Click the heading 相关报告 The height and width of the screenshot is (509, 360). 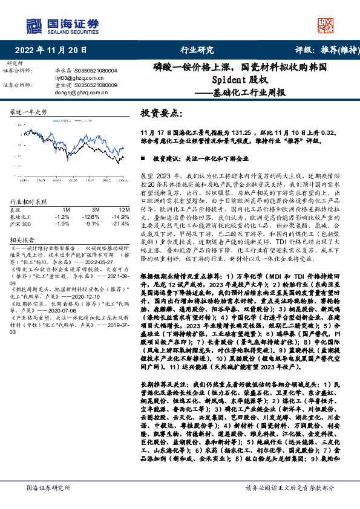pyautogui.click(x=24, y=240)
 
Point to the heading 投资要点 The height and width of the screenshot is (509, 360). pyautogui.click(x=160, y=113)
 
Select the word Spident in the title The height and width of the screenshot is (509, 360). pyautogui.click(x=229, y=79)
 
